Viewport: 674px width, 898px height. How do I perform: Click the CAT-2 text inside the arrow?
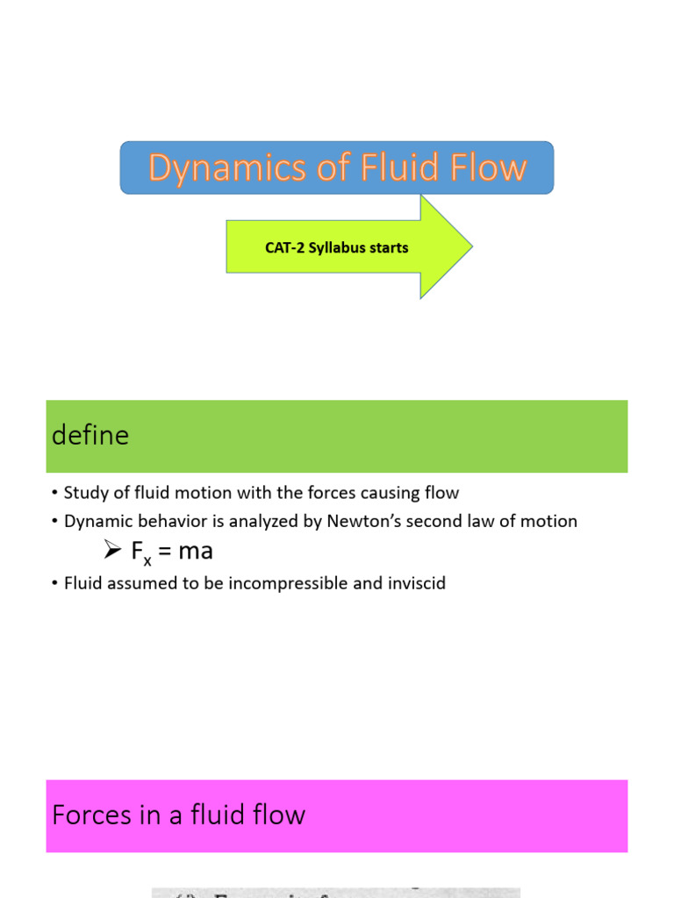[x=284, y=248]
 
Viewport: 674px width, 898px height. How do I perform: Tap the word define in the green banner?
[x=90, y=436]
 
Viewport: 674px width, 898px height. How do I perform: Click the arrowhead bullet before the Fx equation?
[x=111, y=551]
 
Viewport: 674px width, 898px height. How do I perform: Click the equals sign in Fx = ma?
[x=164, y=552]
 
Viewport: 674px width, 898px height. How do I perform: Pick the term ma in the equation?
[x=195, y=552]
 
